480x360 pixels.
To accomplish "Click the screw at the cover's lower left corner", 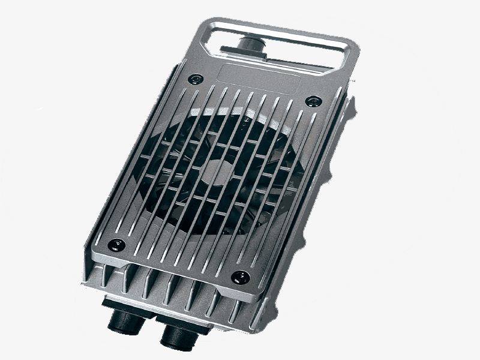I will coord(115,244).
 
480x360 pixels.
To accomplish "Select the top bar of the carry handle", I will coord(282,31).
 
